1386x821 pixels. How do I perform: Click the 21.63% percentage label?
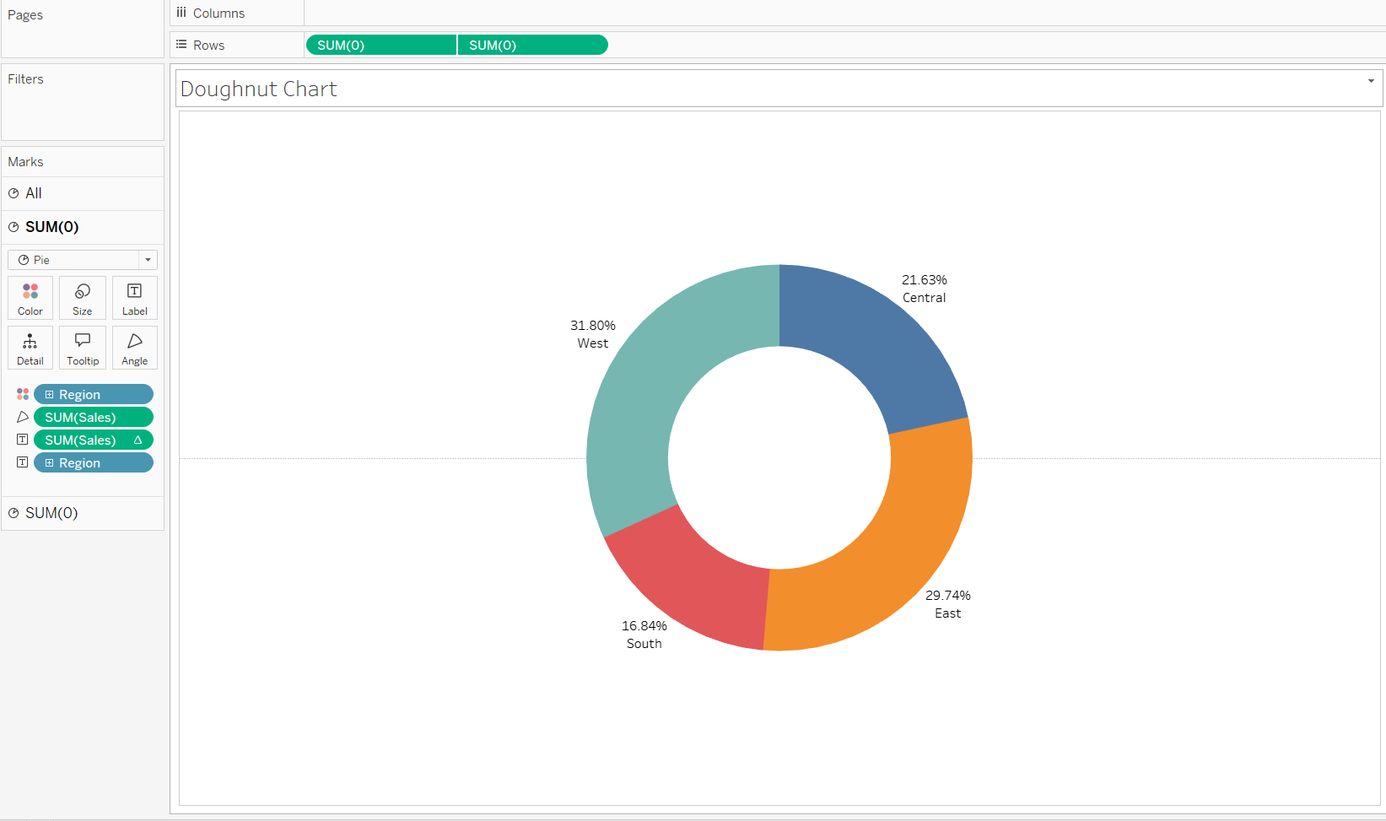(x=924, y=280)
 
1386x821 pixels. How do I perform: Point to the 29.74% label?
(x=947, y=596)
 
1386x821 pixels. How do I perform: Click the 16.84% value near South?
(x=644, y=626)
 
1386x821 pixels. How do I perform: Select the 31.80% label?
(x=592, y=326)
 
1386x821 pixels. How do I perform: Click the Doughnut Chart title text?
(x=258, y=89)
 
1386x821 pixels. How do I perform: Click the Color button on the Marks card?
(x=30, y=298)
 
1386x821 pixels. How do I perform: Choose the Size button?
(x=83, y=298)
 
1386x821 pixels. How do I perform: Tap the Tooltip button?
(x=83, y=348)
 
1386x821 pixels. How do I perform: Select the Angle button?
(x=135, y=348)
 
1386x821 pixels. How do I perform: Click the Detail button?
(x=30, y=348)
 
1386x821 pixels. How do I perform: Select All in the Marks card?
(x=34, y=193)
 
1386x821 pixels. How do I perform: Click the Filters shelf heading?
(x=25, y=79)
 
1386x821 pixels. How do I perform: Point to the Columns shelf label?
(x=218, y=14)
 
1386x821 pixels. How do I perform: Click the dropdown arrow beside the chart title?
(x=1371, y=81)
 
